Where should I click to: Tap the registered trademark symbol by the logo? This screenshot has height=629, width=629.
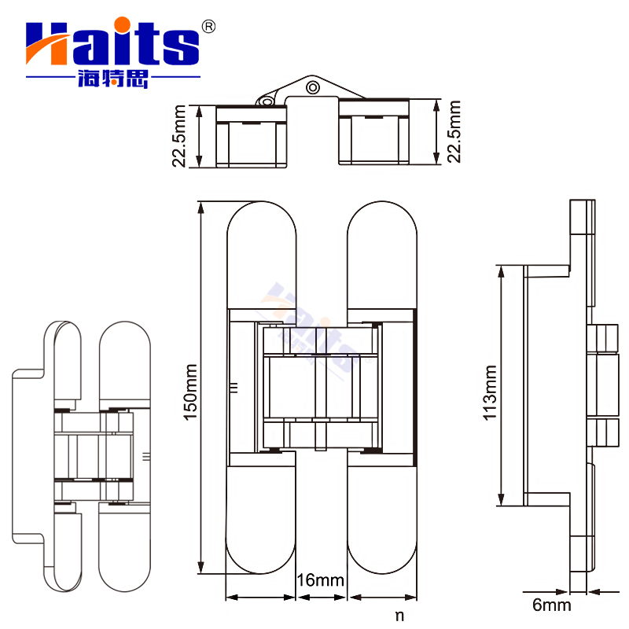point(208,27)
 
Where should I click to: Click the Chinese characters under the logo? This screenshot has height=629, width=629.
point(112,79)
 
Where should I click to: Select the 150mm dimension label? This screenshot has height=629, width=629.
point(189,392)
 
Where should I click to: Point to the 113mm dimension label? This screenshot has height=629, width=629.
point(491,392)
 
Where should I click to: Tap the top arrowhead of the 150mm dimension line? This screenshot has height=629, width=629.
point(202,207)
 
